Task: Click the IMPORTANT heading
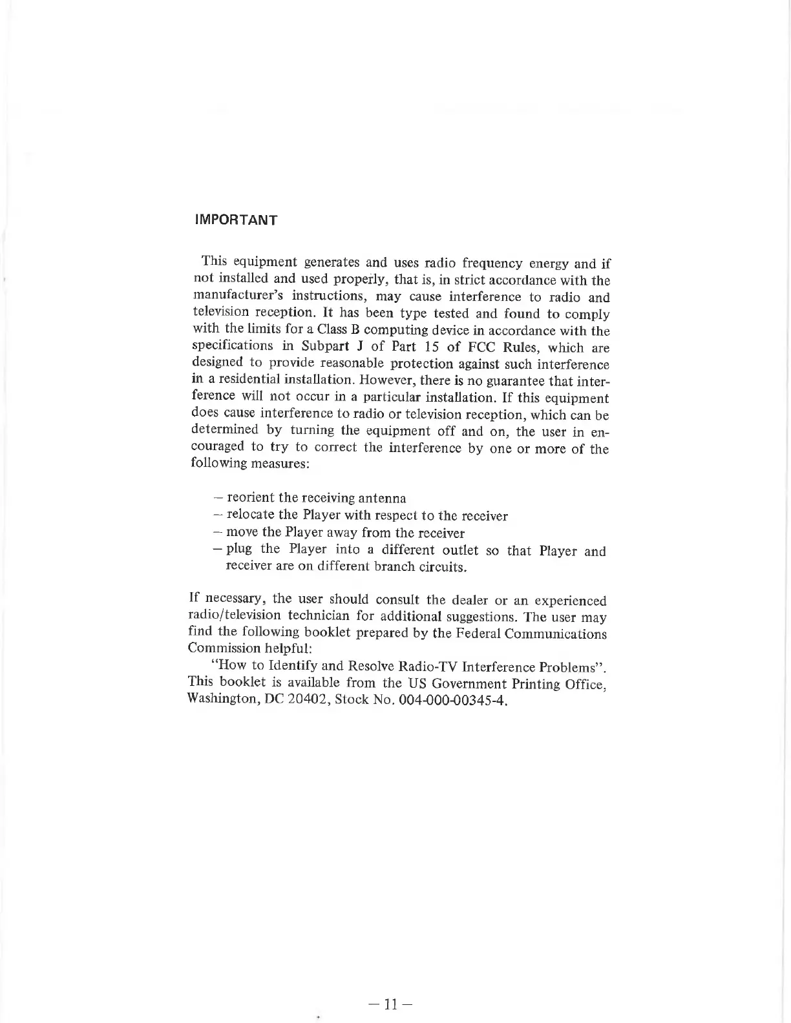pos(236,220)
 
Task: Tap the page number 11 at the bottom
pos(389,1004)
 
